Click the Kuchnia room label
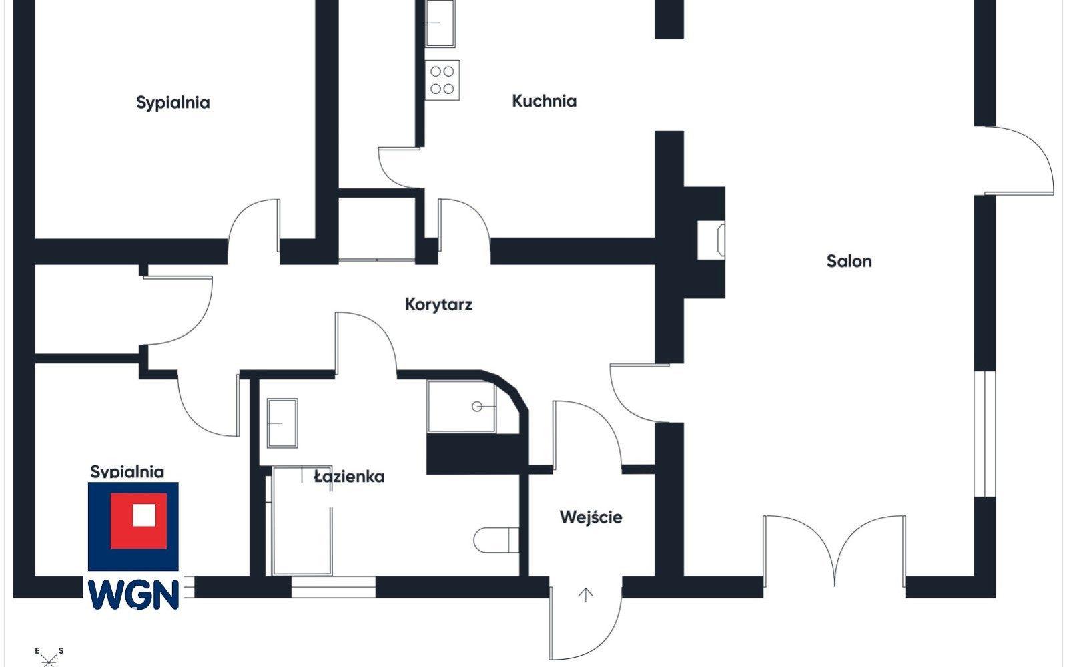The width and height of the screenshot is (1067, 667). (544, 101)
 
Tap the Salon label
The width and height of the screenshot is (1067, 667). (849, 261)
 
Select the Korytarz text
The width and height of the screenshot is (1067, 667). (438, 304)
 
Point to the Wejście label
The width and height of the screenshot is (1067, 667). (591, 517)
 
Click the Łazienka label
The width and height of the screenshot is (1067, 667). (349, 476)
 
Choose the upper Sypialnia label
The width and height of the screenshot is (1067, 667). (173, 103)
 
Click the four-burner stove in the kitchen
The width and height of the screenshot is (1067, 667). (442, 80)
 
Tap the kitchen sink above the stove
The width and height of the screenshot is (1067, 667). (440, 23)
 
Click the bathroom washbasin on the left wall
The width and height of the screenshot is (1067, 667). (282, 423)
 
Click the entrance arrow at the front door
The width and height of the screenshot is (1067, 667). (585, 595)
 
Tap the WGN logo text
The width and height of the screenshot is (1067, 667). (133, 594)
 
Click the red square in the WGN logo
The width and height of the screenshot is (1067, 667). (139, 521)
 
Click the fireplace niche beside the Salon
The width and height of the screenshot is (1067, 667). (711, 240)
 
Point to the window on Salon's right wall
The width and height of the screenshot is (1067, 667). (985, 434)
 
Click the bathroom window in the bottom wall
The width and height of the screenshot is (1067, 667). (333, 586)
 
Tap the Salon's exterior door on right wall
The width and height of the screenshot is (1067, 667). (1019, 161)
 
